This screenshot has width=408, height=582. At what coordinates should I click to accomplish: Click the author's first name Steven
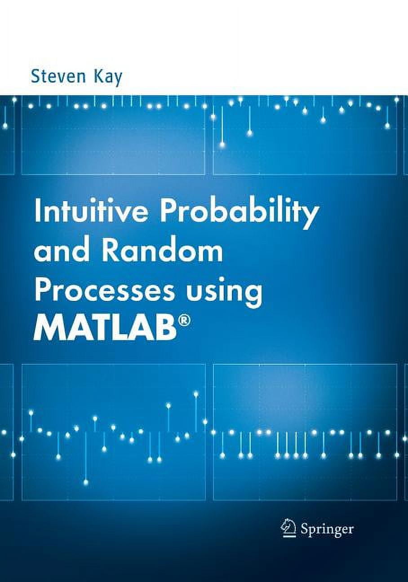tap(58, 76)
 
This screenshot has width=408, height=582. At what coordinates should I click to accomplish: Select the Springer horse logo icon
tap(287, 527)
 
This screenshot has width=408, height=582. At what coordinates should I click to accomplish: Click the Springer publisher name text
tap(327, 529)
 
